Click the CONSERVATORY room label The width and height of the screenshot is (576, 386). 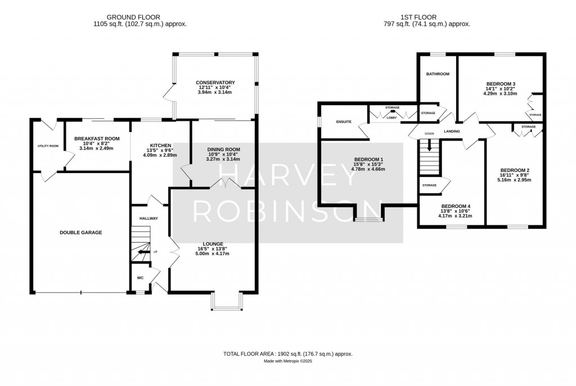tap(216, 83)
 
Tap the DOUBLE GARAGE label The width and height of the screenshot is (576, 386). tap(80, 232)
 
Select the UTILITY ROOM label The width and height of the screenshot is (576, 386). tap(48, 146)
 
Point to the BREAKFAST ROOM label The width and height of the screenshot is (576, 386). tap(97, 139)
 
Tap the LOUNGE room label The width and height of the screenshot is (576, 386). tap(213, 244)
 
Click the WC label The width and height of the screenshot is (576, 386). tap(140, 278)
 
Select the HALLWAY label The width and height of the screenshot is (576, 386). tap(149, 218)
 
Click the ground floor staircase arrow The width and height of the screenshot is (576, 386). tap(141, 253)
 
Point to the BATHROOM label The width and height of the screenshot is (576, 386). tap(437, 74)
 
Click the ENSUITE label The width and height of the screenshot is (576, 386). tap(344, 121)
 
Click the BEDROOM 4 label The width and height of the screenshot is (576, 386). tap(455, 206)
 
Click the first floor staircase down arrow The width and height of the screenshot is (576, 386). tap(429, 146)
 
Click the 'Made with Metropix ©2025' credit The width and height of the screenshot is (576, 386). tap(288, 361)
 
